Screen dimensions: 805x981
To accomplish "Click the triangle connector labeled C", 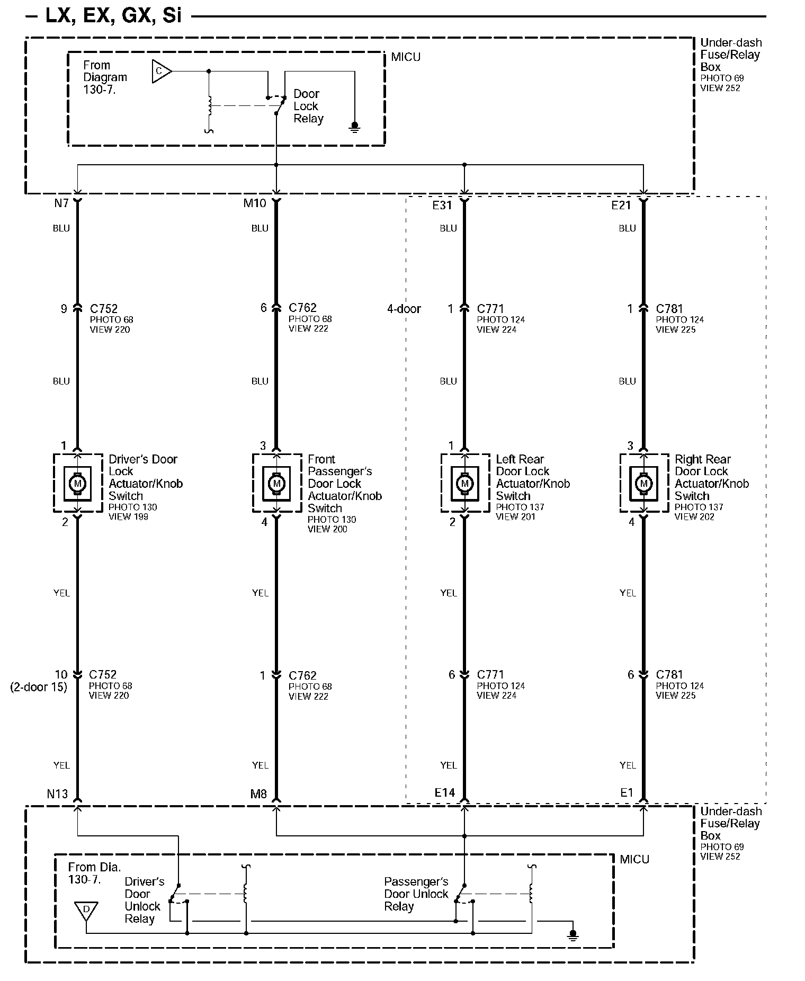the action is click(x=160, y=71).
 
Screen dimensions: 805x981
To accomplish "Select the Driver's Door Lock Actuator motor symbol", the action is click(x=77, y=483).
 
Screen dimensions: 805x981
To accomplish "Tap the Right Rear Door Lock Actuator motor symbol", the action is click(x=643, y=483).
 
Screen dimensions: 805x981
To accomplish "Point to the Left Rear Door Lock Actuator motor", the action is click(x=464, y=483).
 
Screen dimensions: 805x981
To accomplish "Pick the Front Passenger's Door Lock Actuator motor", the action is click(x=276, y=483).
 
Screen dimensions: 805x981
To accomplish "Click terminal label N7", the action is click(x=61, y=203).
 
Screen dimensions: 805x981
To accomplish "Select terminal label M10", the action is click(x=254, y=203).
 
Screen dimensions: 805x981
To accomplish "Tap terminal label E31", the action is click(x=442, y=206).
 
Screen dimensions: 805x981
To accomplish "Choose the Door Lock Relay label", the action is click(x=308, y=106).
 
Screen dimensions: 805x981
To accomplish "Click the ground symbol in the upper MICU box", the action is click(x=354, y=127).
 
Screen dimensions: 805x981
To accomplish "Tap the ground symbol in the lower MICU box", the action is click(x=572, y=935).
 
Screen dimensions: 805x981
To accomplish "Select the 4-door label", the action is click(x=404, y=309).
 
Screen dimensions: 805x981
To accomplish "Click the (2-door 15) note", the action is click(x=39, y=687).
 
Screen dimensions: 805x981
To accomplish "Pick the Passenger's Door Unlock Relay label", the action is click(x=416, y=894).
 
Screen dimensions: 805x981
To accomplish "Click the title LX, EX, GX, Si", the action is click(x=113, y=16).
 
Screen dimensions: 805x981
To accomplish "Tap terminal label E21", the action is click(x=621, y=206).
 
